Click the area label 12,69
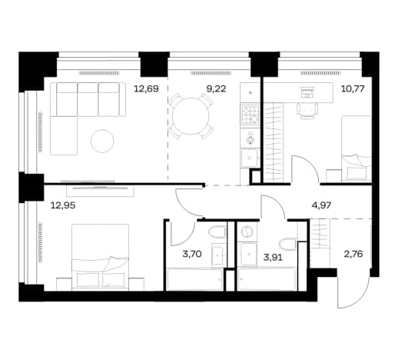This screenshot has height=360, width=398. (x=146, y=89)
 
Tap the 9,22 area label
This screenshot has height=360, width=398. (x=216, y=89)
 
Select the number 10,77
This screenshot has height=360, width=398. (x=353, y=89)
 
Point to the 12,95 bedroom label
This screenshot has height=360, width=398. (x=63, y=205)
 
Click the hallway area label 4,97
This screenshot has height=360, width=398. (x=321, y=205)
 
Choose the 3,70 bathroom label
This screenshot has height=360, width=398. (x=192, y=254)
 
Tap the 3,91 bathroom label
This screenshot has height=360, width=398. (x=273, y=257)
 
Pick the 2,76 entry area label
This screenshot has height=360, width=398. (x=353, y=254)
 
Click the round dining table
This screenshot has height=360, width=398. (x=191, y=116)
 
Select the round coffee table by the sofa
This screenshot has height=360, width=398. (x=102, y=141)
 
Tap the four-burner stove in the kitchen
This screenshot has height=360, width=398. (x=250, y=115)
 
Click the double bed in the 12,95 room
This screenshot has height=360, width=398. (x=101, y=257)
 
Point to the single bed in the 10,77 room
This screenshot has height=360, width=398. (x=357, y=148)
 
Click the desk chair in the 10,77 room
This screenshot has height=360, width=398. (x=307, y=110)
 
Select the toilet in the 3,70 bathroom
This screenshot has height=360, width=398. (x=217, y=232)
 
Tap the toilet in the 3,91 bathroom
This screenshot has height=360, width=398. (x=289, y=244)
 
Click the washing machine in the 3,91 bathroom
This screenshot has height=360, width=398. (x=247, y=232)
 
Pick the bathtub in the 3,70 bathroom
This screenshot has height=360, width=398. (x=194, y=279)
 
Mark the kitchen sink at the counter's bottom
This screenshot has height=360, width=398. (x=250, y=158)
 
